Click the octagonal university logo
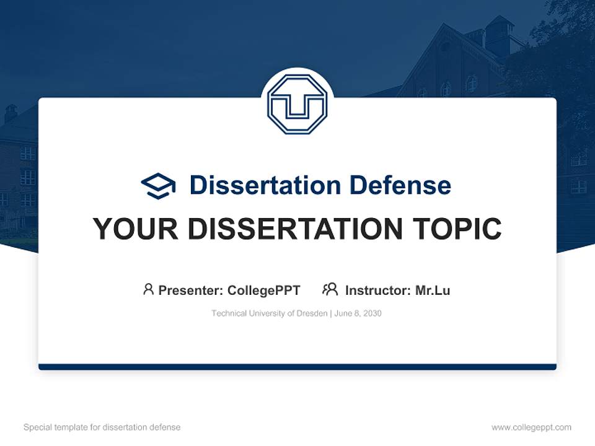(297, 104)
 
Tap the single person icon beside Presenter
(148, 289)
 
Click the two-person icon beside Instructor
(330, 289)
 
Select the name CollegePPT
(264, 290)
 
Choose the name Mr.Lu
(433, 290)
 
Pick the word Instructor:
(378, 290)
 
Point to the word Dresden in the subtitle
(312, 313)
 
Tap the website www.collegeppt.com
(531, 427)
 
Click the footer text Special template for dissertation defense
(102, 427)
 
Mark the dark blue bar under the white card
(297, 367)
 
